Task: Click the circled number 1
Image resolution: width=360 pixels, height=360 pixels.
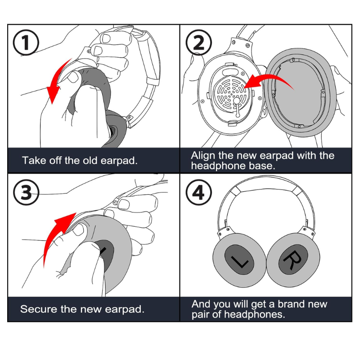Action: click(26, 42)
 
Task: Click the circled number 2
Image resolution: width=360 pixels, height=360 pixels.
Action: click(198, 42)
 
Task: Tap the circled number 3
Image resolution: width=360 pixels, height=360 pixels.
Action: click(26, 192)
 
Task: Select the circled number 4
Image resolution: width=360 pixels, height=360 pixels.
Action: click(198, 192)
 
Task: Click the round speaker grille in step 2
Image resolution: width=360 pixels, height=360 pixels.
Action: click(231, 94)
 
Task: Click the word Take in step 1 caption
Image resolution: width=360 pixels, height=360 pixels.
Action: click(31, 160)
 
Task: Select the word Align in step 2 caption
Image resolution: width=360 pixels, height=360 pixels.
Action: click(203, 156)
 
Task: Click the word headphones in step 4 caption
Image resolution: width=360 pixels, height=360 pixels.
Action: click(254, 314)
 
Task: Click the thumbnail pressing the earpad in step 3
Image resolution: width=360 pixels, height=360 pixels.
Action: click(79, 229)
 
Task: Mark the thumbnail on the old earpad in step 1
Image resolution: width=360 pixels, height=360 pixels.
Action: click(73, 77)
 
